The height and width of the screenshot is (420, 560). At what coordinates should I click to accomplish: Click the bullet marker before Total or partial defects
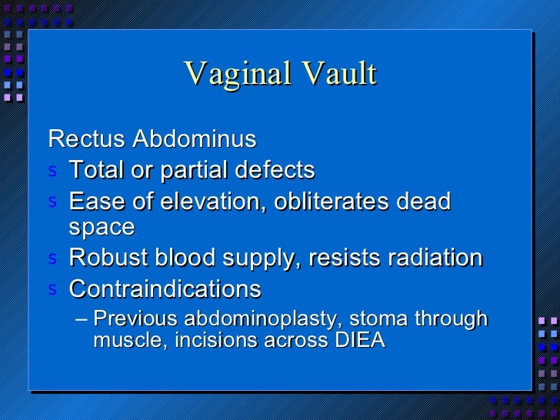(x=52, y=170)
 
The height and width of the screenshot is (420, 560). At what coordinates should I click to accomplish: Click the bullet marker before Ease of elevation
(x=52, y=202)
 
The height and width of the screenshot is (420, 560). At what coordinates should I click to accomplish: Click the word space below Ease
(x=102, y=228)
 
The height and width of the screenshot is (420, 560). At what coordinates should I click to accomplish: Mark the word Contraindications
(x=165, y=289)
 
